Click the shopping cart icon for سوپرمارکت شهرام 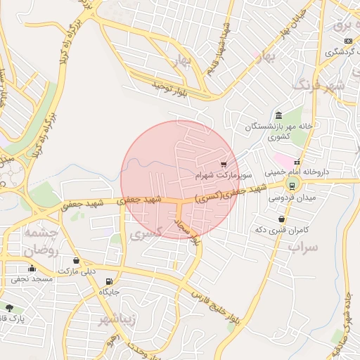pyautogui.click(x=224, y=162)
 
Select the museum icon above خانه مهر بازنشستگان pyautogui.click(x=279, y=115)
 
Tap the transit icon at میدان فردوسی pyautogui.click(x=291, y=186)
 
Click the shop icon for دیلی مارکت pyautogui.click(x=76, y=261)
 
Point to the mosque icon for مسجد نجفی pyautogui.click(x=32, y=268)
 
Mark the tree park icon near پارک pyautogui.click(x=9, y=308)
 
